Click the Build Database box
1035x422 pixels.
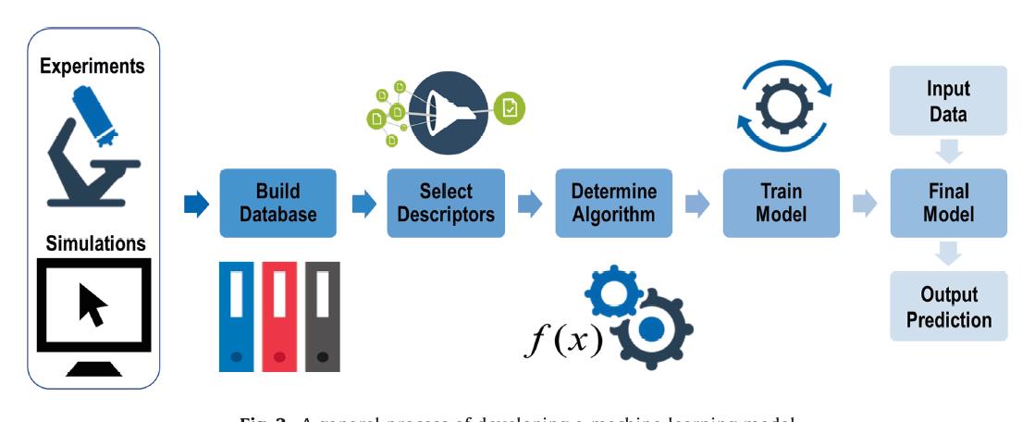tap(278, 204)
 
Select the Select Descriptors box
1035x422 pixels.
tap(445, 204)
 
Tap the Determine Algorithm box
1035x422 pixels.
tap(613, 204)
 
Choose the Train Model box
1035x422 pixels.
tap(781, 204)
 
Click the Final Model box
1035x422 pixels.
tap(948, 204)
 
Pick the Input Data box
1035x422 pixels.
tap(948, 102)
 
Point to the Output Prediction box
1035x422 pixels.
tap(948, 307)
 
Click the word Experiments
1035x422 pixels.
tap(92, 67)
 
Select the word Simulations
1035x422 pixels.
tap(92, 242)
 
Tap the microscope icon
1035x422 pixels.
tap(92, 148)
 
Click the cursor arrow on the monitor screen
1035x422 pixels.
tap(92, 304)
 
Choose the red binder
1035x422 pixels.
tap(279, 316)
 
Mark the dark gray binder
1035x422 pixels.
tap(322, 316)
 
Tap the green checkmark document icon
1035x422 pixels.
tap(508, 108)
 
